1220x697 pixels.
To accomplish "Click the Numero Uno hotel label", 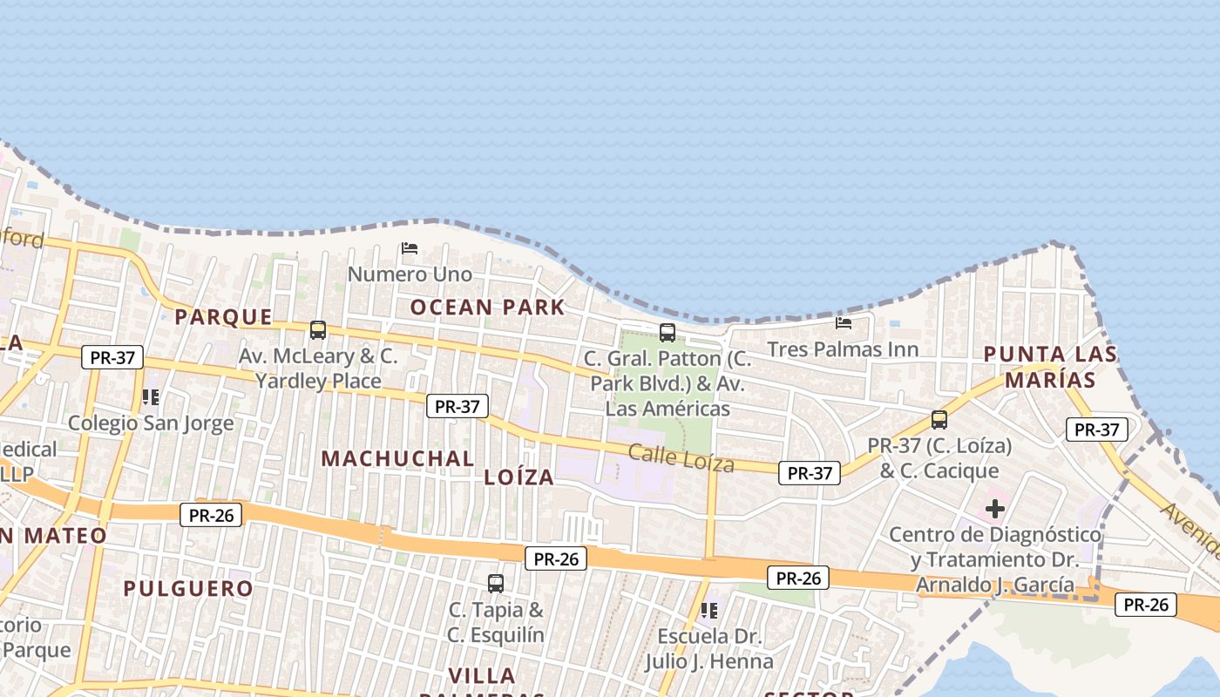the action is [410, 274].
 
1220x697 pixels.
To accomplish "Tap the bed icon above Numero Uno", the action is [410, 248].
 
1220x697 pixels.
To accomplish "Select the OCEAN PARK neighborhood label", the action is [488, 307].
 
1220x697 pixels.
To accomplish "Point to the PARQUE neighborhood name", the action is [224, 316].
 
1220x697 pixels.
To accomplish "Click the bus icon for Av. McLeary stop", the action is [318, 330].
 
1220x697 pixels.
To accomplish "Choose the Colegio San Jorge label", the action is [151, 423].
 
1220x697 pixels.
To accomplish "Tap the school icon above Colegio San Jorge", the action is [151, 397].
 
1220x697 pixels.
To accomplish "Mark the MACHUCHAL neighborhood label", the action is [398, 458].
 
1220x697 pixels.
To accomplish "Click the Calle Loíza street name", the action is [681, 458].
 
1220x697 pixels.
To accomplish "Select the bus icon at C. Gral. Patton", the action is [668, 332].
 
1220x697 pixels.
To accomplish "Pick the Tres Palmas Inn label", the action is [843, 349].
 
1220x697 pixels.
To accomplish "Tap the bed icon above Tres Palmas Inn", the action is [844, 323].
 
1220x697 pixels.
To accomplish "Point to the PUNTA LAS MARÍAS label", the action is [1051, 367].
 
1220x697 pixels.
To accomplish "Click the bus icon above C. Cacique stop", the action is [939, 420].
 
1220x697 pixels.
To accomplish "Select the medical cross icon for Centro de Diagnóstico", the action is [994, 508].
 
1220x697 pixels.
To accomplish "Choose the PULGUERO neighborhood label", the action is [188, 588].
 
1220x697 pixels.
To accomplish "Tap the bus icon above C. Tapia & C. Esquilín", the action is [496, 584].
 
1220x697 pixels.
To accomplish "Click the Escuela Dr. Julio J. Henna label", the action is [709, 649].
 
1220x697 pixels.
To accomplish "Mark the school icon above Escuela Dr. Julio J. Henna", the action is [709, 611].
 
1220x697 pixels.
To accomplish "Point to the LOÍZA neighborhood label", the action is [519, 477].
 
